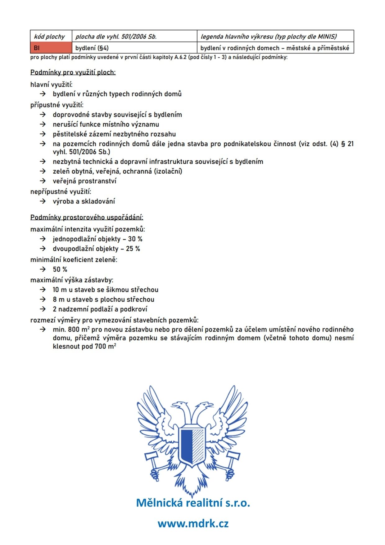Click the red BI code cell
click(51, 48)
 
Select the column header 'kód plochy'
click(50, 36)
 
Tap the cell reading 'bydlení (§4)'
click(92, 48)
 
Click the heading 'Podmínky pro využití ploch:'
click(73, 72)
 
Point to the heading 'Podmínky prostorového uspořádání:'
click(87, 217)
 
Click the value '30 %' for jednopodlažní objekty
click(135, 239)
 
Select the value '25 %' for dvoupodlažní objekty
click(133, 249)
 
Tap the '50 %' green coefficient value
click(60, 269)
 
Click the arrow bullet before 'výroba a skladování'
click(43, 201)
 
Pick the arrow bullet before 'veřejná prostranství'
click(43, 181)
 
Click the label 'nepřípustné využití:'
click(61, 192)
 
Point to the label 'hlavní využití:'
click(52, 85)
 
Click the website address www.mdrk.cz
click(193, 524)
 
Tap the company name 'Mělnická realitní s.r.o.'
click(193, 503)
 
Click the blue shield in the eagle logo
click(192, 447)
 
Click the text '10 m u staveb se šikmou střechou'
click(106, 290)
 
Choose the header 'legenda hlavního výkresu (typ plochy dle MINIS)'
click(269, 36)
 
